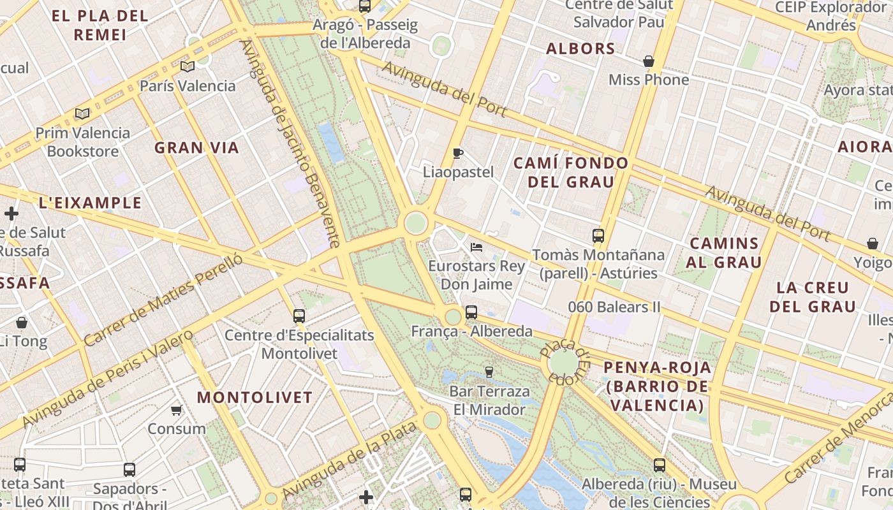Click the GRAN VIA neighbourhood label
pyautogui.click(x=196, y=148)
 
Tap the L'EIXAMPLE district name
pyautogui.click(x=90, y=203)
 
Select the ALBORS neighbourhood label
pyautogui.click(x=580, y=48)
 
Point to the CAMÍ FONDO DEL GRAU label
pyautogui.click(x=571, y=172)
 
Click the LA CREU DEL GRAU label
pyautogui.click(x=813, y=296)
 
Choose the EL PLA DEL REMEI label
pyautogui.click(x=100, y=25)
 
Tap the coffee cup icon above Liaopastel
pyautogui.click(x=457, y=153)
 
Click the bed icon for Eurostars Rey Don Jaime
pyautogui.click(x=476, y=247)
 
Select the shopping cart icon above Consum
pyautogui.click(x=176, y=410)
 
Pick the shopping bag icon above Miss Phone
pyautogui.click(x=649, y=61)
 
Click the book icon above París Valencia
pyautogui.click(x=187, y=66)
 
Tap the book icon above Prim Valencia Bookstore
pyautogui.click(x=82, y=113)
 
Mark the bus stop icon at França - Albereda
pyautogui.click(x=471, y=312)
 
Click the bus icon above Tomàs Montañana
pyautogui.click(x=598, y=236)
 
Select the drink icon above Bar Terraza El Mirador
pyautogui.click(x=489, y=372)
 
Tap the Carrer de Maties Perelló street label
pyautogui.click(x=163, y=300)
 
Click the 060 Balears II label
pyautogui.click(x=614, y=307)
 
